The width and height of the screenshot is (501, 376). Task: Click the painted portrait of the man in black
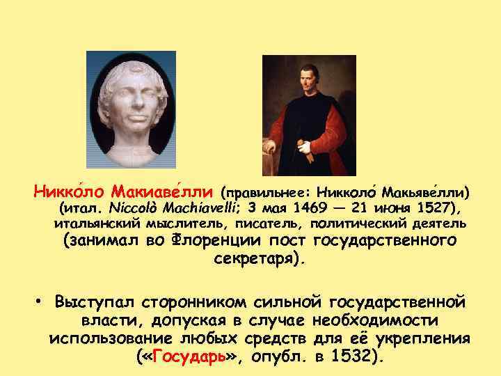308,115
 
